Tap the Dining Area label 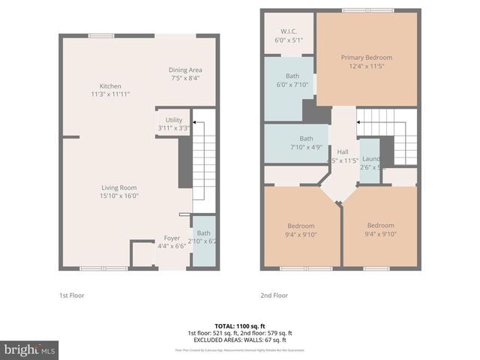click(186, 70)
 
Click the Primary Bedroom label click(366, 58)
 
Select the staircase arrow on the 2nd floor click(361, 121)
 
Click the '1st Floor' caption click(72, 295)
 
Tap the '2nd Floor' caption click(274, 295)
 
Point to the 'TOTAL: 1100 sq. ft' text click(239, 326)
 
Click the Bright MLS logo click(29, 349)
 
